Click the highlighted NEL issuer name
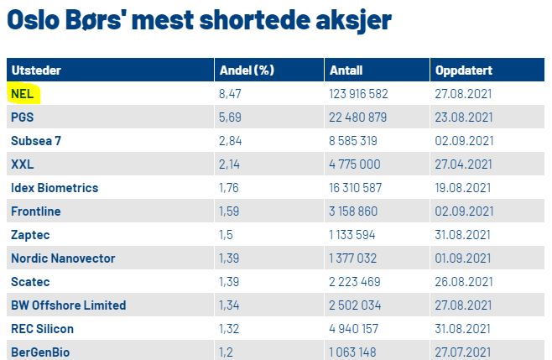[22, 93]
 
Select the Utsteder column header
[37, 70]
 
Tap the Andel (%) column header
[247, 70]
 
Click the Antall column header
[346, 70]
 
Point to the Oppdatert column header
[463, 70]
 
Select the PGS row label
[23, 117]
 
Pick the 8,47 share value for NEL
[230, 93]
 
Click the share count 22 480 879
[358, 117]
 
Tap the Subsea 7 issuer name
[36, 140]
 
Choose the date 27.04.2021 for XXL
[463, 164]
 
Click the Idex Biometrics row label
[55, 187]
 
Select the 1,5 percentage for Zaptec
[226, 235]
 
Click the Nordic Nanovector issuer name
[63, 258]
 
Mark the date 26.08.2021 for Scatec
[463, 282]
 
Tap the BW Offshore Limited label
[68, 305]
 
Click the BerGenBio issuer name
[40, 351]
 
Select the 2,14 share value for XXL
[229, 164]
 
